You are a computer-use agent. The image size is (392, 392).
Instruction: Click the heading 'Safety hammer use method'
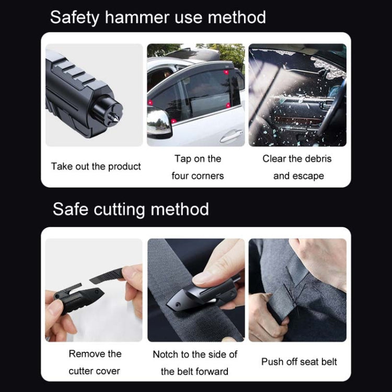pyautogui.click(x=158, y=17)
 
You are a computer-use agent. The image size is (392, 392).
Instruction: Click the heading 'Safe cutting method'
pyautogui.click(x=131, y=209)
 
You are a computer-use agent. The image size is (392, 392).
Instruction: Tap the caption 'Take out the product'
pyautogui.click(x=96, y=166)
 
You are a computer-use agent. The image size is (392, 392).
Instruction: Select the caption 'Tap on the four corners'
pyautogui.click(x=198, y=167)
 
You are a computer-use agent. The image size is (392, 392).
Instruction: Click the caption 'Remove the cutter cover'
pyautogui.click(x=94, y=362)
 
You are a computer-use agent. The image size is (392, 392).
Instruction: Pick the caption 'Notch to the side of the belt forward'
pyautogui.click(x=195, y=363)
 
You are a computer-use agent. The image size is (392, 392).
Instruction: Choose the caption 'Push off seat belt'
pyautogui.click(x=299, y=362)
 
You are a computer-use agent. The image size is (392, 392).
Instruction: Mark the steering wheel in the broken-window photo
pyautogui.click(x=332, y=110)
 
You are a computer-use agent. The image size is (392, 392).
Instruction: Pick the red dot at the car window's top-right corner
pyautogui.click(x=226, y=72)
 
